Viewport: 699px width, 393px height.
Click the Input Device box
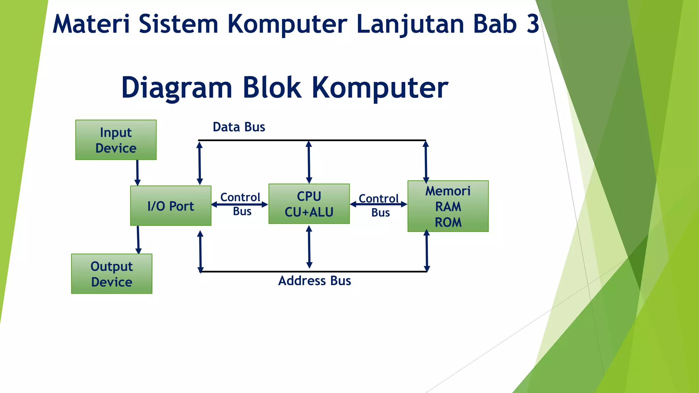(116, 140)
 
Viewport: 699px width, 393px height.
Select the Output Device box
(112, 274)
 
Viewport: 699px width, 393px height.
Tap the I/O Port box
(171, 206)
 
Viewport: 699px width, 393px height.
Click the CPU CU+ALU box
(309, 204)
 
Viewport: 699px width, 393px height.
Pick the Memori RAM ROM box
(448, 206)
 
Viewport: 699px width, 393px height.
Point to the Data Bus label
(239, 127)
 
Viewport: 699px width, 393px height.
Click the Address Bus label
(314, 281)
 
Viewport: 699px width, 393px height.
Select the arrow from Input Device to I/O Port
(137, 173)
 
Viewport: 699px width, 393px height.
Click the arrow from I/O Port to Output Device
(138, 240)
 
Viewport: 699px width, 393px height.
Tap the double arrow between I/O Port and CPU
(240, 205)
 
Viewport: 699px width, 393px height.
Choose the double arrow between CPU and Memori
(379, 204)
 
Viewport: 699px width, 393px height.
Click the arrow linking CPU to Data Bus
(309, 162)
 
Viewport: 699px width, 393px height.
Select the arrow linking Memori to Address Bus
(427, 251)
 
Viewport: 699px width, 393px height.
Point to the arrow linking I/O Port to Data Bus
(200, 163)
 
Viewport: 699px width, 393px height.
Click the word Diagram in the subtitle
(177, 88)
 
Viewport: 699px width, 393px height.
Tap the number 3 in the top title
(532, 24)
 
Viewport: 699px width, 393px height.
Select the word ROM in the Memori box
(448, 222)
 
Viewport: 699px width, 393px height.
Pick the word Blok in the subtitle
(272, 88)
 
